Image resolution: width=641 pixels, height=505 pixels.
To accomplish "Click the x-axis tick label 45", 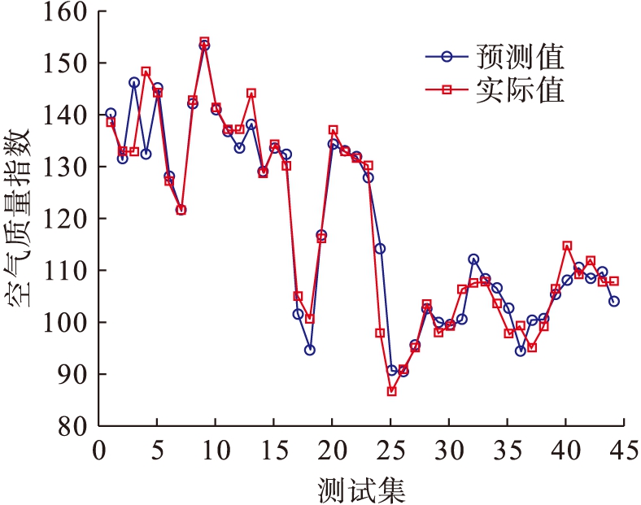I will tap(621, 450).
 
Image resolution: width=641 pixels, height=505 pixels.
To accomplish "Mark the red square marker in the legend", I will tap(446, 89).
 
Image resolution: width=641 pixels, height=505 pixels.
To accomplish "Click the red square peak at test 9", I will tap(204, 41).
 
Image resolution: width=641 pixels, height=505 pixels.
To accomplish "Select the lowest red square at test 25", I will tap(391, 391).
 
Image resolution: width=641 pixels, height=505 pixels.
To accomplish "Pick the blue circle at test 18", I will tap(310, 350).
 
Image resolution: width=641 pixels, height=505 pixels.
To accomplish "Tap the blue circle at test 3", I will tap(133, 82).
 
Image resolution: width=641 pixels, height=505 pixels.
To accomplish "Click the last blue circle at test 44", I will tap(614, 301).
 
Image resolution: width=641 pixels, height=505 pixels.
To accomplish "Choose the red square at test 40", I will tap(567, 246).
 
